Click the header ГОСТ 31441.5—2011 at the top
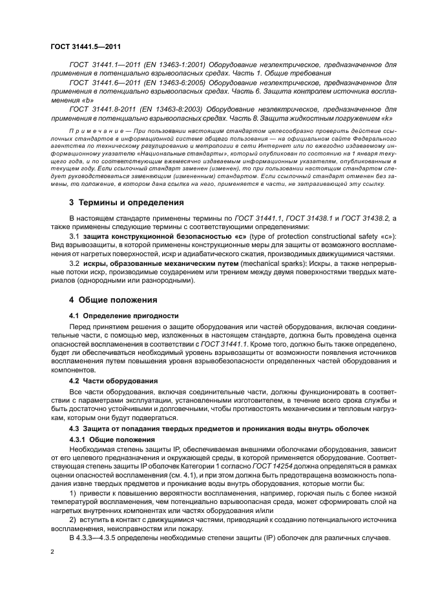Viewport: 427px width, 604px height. click(85, 47)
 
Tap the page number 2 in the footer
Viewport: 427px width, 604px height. click(52, 552)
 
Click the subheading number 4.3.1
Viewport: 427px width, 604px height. click(79, 439)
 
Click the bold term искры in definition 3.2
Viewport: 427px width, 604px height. click(94, 264)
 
